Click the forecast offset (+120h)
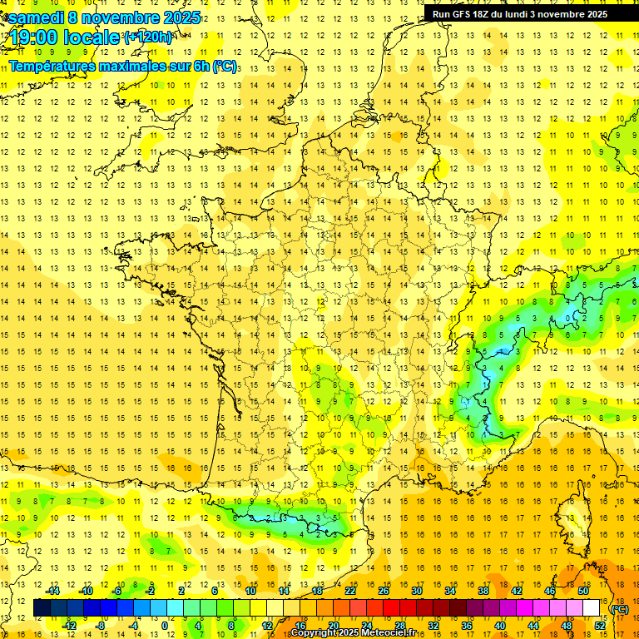pos(149,37)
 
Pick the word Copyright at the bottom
pos(314,633)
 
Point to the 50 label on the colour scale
pos(582,591)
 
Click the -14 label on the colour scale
pos(53,591)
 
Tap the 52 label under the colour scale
pos(600,626)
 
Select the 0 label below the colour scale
pos(164,626)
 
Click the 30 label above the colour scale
pos(416,591)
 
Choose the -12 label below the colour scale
pos(70,626)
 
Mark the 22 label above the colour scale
pos(350,591)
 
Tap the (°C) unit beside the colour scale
pos(619,609)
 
